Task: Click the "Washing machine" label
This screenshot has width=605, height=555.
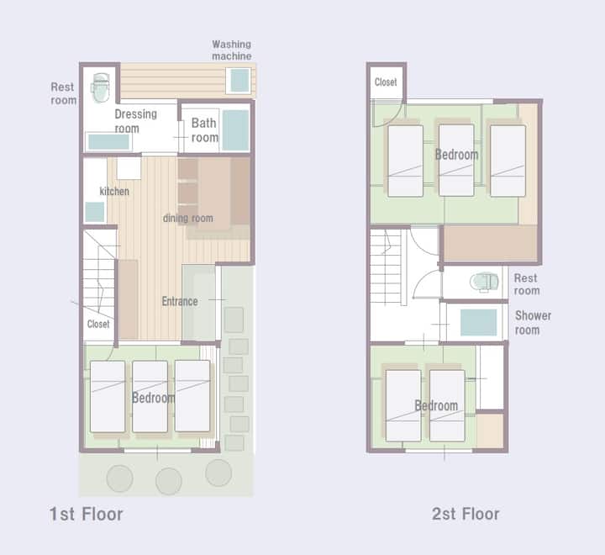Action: tap(232, 50)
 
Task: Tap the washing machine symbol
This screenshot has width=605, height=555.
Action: tap(239, 81)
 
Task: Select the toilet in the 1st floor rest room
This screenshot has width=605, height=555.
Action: tap(100, 88)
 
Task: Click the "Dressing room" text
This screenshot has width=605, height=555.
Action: tap(136, 121)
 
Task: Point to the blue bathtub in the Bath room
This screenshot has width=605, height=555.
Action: tap(236, 130)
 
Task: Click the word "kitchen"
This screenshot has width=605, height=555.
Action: tap(114, 191)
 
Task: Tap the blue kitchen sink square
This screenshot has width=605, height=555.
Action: tap(94, 212)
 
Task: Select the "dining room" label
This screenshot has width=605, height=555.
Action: tap(188, 218)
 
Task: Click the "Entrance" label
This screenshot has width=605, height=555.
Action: tap(180, 301)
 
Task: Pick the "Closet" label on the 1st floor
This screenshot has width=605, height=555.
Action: tap(98, 324)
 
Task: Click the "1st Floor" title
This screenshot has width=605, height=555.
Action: tap(86, 514)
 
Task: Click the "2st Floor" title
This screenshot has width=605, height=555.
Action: tap(466, 514)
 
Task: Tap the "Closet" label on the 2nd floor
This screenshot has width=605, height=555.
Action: tap(386, 82)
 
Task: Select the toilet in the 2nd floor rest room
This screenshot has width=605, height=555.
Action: tap(484, 282)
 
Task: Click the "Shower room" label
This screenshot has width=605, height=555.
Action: tap(533, 323)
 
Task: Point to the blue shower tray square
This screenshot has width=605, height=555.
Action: tap(478, 323)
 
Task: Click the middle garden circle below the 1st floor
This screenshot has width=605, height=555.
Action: tap(169, 481)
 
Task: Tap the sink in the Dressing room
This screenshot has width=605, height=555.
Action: tap(108, 142)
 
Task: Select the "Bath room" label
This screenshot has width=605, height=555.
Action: tap(204, 130)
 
